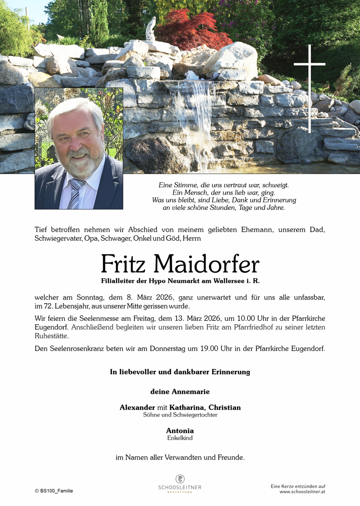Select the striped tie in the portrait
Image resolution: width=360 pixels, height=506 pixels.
(76, 193)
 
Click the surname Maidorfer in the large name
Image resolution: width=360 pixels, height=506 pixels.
(206, 264)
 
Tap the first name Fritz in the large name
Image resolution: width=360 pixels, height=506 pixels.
(124, 264)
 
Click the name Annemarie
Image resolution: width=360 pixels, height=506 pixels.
(189, 392)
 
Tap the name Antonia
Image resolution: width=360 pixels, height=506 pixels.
(180, 431)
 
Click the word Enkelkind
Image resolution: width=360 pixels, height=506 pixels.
(180, 438)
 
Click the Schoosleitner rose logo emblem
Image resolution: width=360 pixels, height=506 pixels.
(180, 479)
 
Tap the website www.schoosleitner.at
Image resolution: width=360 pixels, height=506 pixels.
(302, 491)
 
